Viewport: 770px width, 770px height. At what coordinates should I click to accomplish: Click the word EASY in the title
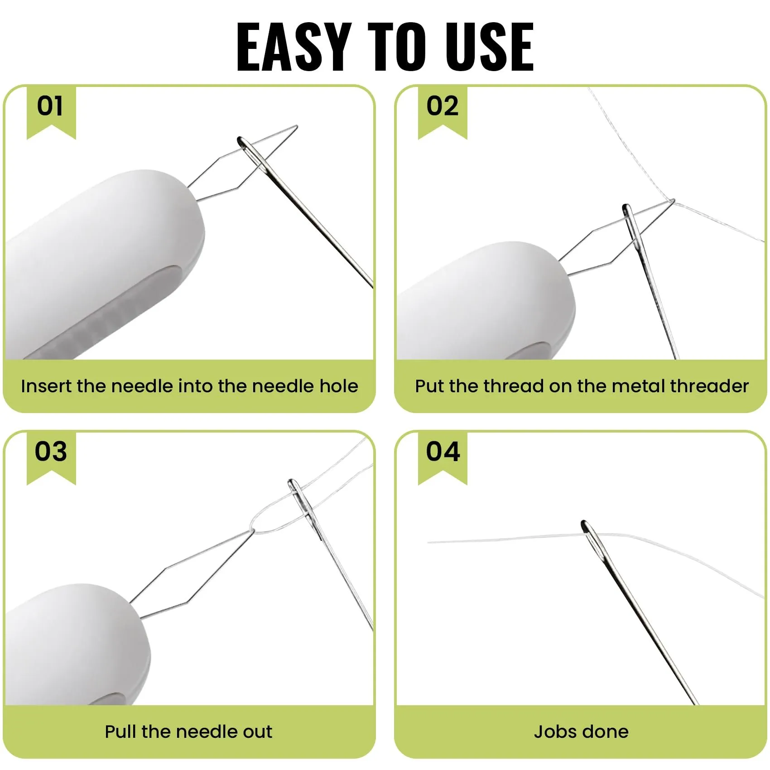[x=294, y=47]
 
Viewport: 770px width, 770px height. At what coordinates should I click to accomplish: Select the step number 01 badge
[x=51, y=112]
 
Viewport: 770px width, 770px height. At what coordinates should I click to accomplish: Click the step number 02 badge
[x=443, y=112]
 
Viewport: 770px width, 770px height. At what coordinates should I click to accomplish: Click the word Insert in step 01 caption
[x=46, y=386]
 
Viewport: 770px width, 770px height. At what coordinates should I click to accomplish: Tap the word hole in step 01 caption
[x=339, y=386]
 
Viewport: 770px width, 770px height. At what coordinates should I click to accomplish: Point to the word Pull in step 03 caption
[x=120, y=731]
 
